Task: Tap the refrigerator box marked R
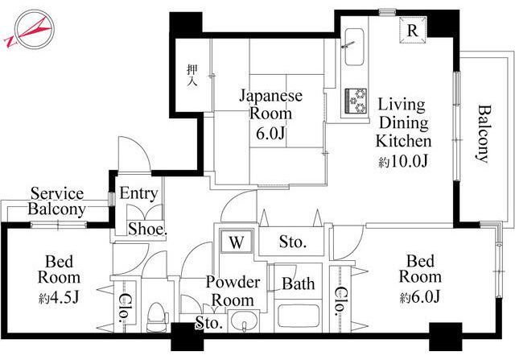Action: [413, 31]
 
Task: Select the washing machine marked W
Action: [237, 242]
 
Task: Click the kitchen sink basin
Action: [354, 47]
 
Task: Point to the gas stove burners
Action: [356, 100]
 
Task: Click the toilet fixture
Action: [156, 317]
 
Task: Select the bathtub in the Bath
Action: [299, 316]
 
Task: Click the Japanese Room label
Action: [270, 105]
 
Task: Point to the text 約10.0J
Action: [403, 161]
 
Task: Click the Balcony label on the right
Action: [484, 134]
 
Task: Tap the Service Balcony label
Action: [57, 201]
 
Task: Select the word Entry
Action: [138, 193]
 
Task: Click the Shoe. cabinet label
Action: [147, 230]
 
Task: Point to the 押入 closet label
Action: [192, 75]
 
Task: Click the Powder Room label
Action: [233, 292]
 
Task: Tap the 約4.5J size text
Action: [59, 298]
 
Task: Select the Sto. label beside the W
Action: [293, 242]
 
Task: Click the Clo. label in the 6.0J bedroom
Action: [340, 301]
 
